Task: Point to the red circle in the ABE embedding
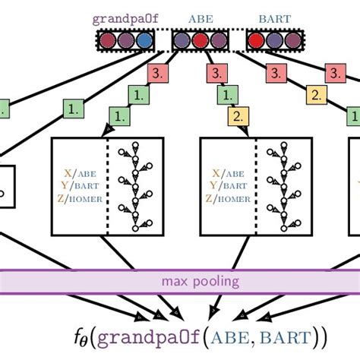[200, 39]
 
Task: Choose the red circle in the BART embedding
[257, 39]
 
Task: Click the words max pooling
[200, 282]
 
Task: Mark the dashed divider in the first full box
[108, 186]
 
